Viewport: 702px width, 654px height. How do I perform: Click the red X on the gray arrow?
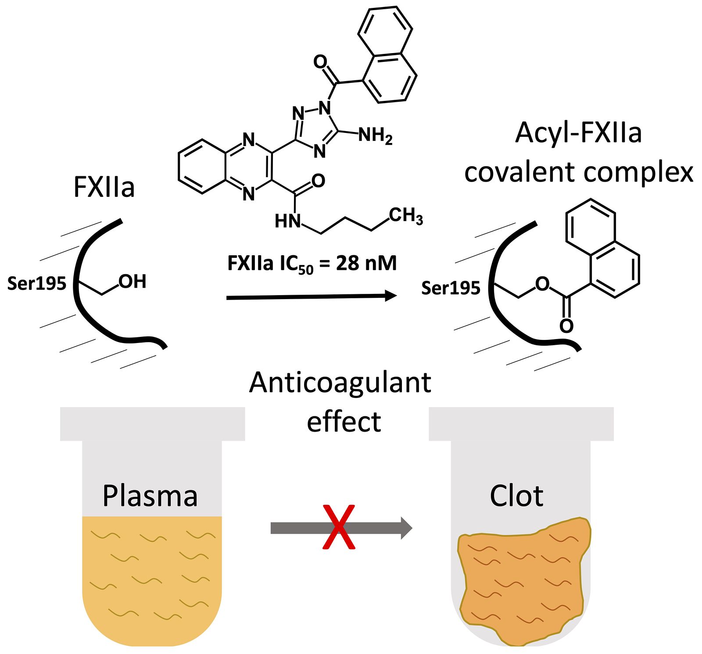pos(338,527)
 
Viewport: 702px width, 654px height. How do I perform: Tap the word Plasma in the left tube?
pos(150,496)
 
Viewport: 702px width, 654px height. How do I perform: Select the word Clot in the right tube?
pos(516,496)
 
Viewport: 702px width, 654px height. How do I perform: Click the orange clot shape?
pos(522,579)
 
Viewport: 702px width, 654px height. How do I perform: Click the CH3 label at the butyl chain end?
pos(406,216)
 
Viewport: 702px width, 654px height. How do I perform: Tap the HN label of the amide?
pos(288,221)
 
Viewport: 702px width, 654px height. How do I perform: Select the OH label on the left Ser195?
pos(133,282)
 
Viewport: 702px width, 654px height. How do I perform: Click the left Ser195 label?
pos(37,283)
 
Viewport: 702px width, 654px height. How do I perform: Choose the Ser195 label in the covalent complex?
pos(451,288)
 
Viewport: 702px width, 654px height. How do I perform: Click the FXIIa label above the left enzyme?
pos(104,187)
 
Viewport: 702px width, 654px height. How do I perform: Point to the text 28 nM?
pos(366,263)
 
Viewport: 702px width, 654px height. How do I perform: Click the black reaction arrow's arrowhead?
pos(390,296)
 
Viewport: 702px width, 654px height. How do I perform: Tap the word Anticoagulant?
pos(340,382)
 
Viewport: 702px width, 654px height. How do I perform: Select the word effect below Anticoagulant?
pos(344,422)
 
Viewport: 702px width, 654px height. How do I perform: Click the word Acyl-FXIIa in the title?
pos(579,133)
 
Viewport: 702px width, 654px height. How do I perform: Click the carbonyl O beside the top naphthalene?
pos(320,62)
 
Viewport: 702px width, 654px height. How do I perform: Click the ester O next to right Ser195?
pos(543,284)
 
